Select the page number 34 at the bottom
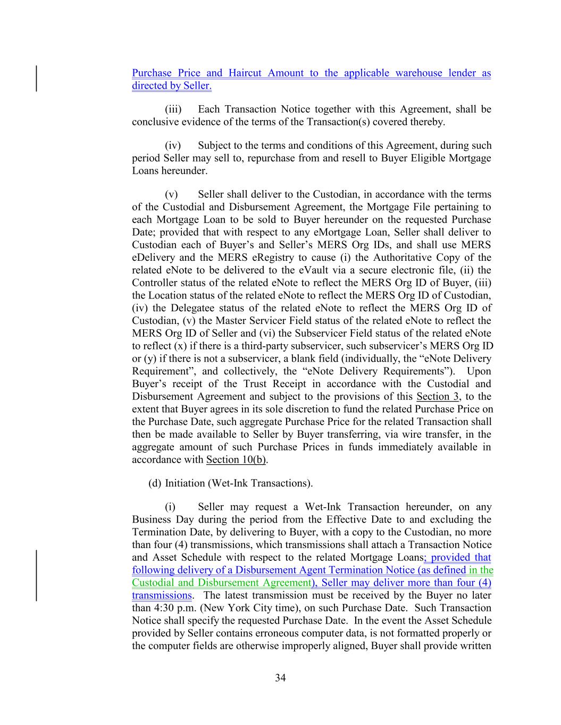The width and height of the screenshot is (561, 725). (280, 678)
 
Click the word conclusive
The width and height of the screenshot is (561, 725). (154, 122)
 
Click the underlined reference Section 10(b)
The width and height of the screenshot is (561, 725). (236, 460)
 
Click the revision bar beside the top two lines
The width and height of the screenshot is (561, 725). (36, 79)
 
